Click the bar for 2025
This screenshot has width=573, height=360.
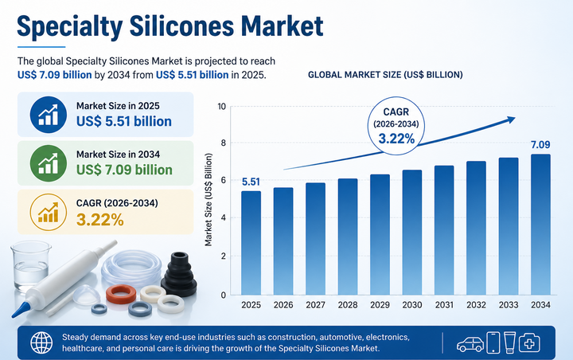pyautogui.click(x=251, y=242)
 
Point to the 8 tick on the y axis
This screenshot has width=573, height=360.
pyautogui.click(x=223, y=144)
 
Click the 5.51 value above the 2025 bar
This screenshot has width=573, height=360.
pyautogui.click(x=250, y=181)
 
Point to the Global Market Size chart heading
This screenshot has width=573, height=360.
pyautogui.click(x=385, y=74)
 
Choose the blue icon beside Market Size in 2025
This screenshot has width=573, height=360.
pyautogui.click(x=47, y=113)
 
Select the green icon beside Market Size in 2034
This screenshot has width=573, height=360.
pyautogui.click(x=47, y=162)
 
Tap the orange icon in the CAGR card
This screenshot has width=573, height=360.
pyautogui.click(x=47, y=212)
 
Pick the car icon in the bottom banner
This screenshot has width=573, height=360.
pyautogui.click(x=470, y=343)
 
